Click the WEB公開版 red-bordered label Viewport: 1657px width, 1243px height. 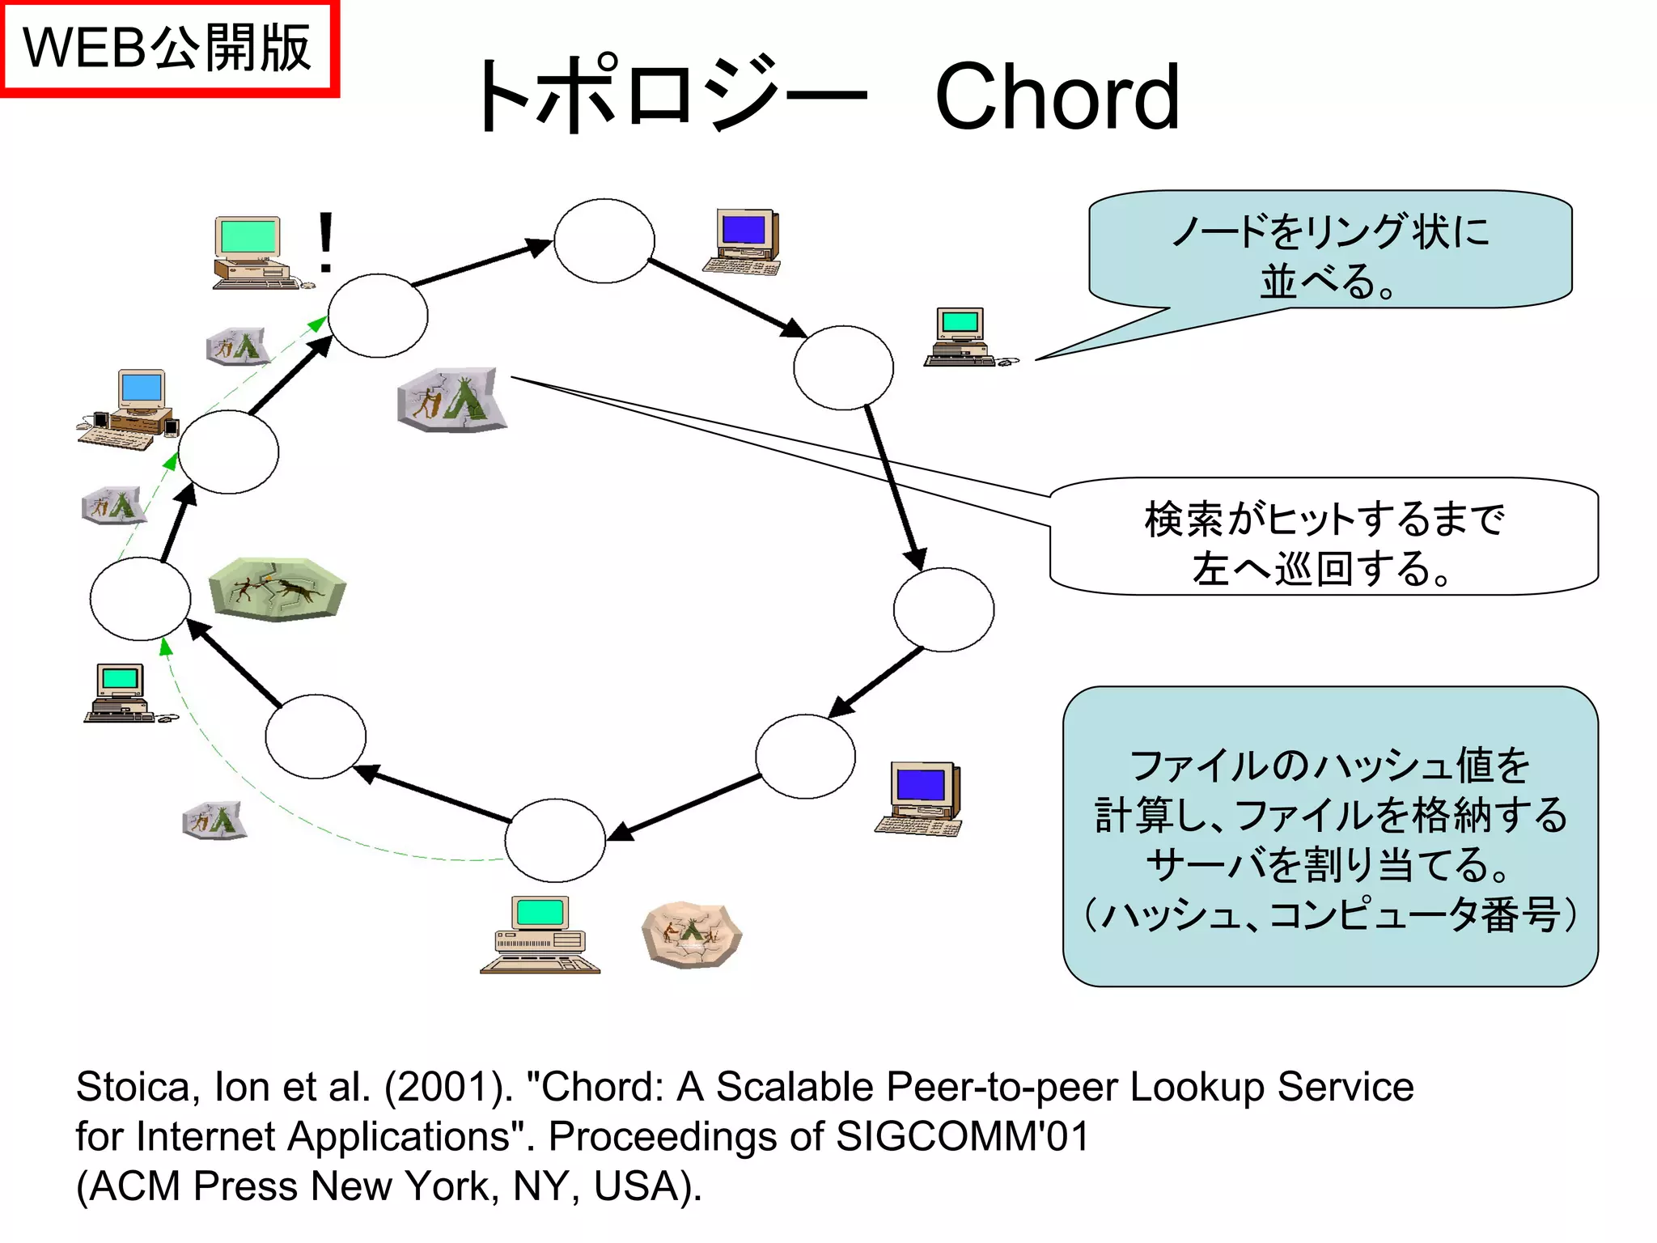pos(168,49)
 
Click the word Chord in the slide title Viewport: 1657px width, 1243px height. pos(1057,97)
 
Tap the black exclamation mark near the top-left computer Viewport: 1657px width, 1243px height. pos(325,241)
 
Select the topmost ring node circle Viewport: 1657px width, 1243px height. pos(604,240)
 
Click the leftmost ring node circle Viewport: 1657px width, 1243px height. pos(140,599)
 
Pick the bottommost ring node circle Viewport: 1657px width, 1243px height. pos(555,840)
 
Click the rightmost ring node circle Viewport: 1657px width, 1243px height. pos(943,609)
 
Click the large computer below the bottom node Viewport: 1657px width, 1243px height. pos(540,935)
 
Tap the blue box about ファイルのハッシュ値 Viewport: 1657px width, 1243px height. pos(1330,837)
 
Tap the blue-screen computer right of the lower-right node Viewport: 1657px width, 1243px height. pos(921,798)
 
